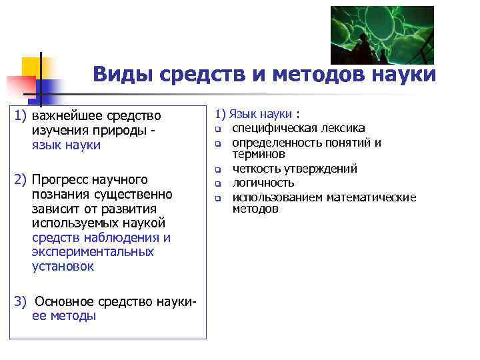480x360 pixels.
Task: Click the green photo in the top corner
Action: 382,35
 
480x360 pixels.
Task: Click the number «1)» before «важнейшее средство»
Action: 21,117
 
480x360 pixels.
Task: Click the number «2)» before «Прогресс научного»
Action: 21,180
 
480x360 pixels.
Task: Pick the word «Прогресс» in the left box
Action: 60,180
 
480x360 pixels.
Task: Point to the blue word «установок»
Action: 63,267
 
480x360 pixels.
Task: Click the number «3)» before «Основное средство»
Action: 21,301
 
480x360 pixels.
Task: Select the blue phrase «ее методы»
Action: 63,316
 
